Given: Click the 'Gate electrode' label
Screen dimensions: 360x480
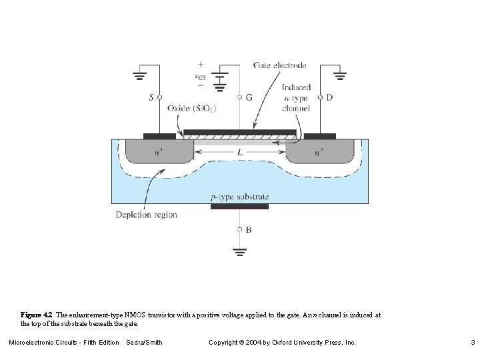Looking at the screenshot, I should click(x=280, y=65).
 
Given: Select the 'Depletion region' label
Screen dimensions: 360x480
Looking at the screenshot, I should click(x=146, y=215).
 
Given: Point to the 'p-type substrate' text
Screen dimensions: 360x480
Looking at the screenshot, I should click(x=239, y=196).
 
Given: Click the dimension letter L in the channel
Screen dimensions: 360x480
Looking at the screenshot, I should click(x=239, y=153).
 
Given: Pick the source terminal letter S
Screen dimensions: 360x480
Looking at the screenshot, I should click(x=151, y=97).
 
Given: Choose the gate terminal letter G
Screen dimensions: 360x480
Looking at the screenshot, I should click(x=249, y=97).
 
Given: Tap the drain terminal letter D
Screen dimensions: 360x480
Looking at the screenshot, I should click(x=329, y=97).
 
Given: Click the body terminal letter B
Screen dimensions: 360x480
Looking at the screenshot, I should click(x=249, y=229).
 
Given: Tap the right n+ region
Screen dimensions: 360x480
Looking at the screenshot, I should click(x=319, y=152).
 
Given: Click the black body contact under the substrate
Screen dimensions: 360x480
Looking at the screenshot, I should click(x=239, y=207).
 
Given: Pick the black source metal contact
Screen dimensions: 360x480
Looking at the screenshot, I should click(x=159, y=136).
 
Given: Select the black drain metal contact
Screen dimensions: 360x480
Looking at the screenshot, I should click(x=319, y=136).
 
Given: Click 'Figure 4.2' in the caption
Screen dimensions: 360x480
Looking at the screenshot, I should click(x=37, y=315).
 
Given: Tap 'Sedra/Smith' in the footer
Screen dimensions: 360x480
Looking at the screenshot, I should click(x=144, y=342).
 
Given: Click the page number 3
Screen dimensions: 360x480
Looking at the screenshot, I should click(x=472, y=342).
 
